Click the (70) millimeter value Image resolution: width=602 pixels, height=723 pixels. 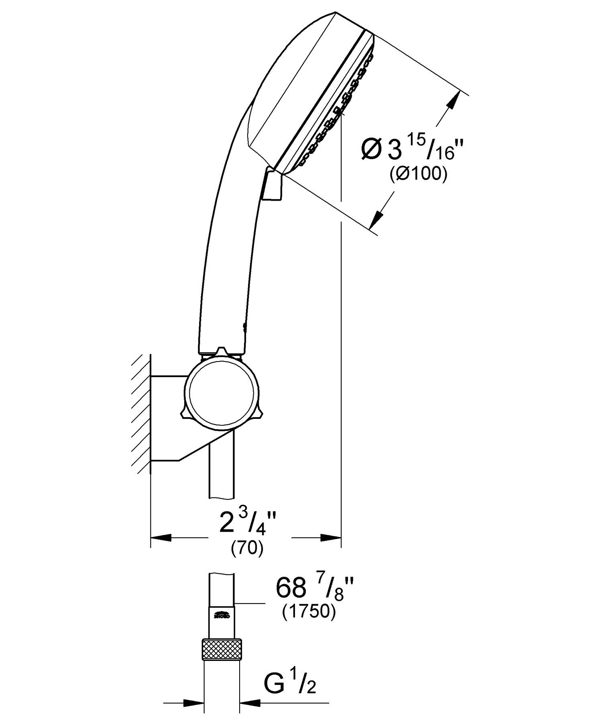click(x=247, y=548)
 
